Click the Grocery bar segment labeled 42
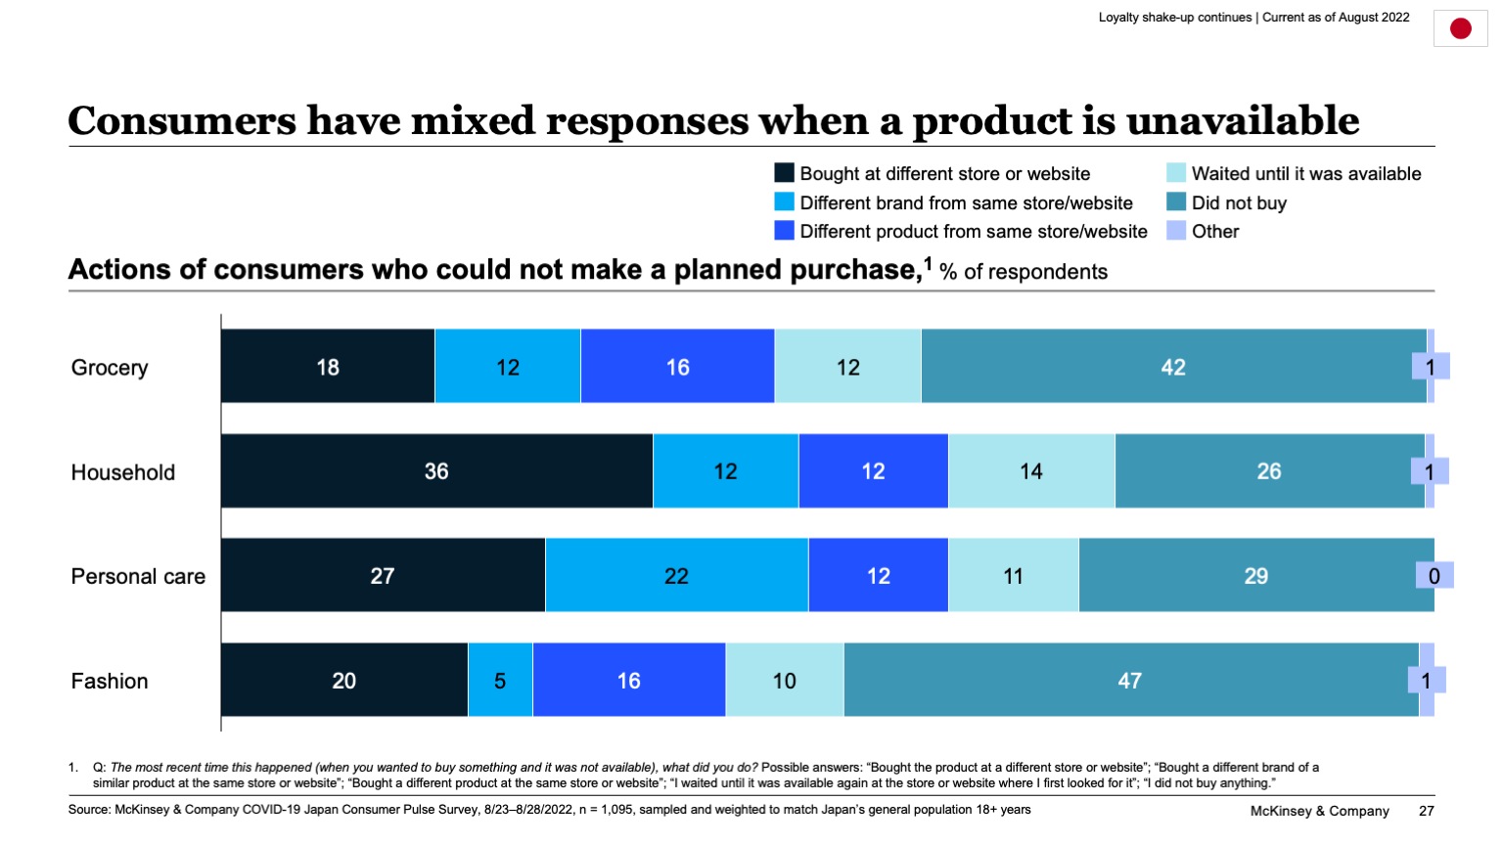point(1172,367)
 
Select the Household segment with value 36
point(436,471)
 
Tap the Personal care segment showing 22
point(676,576)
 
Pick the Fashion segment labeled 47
point(1130,681)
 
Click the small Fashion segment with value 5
point(500,681)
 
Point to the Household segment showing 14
point(1030,471)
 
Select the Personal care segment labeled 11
point(1013,576)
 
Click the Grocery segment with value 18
point(328,367)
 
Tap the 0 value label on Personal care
point(1434,576)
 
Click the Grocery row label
point(110,368)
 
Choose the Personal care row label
point(138,577)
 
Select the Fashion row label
point(110,682)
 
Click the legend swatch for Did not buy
point(1175,202)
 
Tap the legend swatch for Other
point(1175,231)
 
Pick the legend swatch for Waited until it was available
point(1175,173)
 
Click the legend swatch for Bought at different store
point(784,173)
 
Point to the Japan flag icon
point(1460,28)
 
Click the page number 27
point(1426,811)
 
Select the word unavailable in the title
point(1243,121)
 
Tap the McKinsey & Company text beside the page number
point(1319,811)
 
